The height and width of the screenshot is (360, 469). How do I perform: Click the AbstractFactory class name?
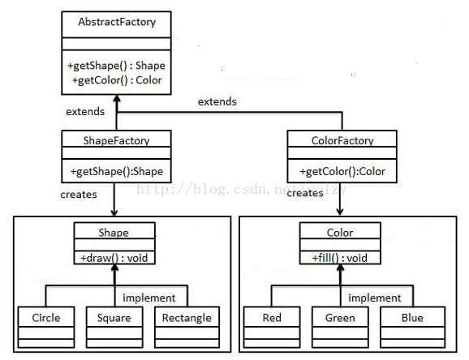point(117,22)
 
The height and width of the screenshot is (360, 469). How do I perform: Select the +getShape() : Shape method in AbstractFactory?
point(116,66)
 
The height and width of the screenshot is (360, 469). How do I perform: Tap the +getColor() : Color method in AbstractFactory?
point(117,80)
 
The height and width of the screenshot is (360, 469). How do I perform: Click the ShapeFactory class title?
point(116,140)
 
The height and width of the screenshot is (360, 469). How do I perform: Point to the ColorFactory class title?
point(342,140)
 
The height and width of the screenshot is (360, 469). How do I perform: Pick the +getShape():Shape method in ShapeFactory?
point(117,172)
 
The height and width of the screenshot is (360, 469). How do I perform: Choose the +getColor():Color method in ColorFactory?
point(342,172)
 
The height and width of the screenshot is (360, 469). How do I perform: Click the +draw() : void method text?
point(114,258)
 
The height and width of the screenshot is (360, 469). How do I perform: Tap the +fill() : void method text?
point(340,258)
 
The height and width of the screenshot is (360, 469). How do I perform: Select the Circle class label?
point(46,318)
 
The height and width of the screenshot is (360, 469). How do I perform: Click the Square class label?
point(114,318)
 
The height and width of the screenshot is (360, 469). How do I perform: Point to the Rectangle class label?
point(187,318)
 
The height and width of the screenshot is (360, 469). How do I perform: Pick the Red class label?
point(272,318)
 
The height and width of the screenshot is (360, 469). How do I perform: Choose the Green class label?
point(340,318)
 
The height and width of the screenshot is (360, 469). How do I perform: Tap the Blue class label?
point(412,318)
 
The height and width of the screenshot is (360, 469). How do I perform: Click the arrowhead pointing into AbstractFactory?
point(117,99)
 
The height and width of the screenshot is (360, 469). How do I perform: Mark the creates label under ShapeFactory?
point(79,195)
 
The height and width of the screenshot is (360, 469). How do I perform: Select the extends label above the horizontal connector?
point(217,102)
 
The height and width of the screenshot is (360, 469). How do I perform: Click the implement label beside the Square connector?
point(149,298)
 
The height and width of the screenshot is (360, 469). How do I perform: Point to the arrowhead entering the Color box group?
point(339,212)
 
